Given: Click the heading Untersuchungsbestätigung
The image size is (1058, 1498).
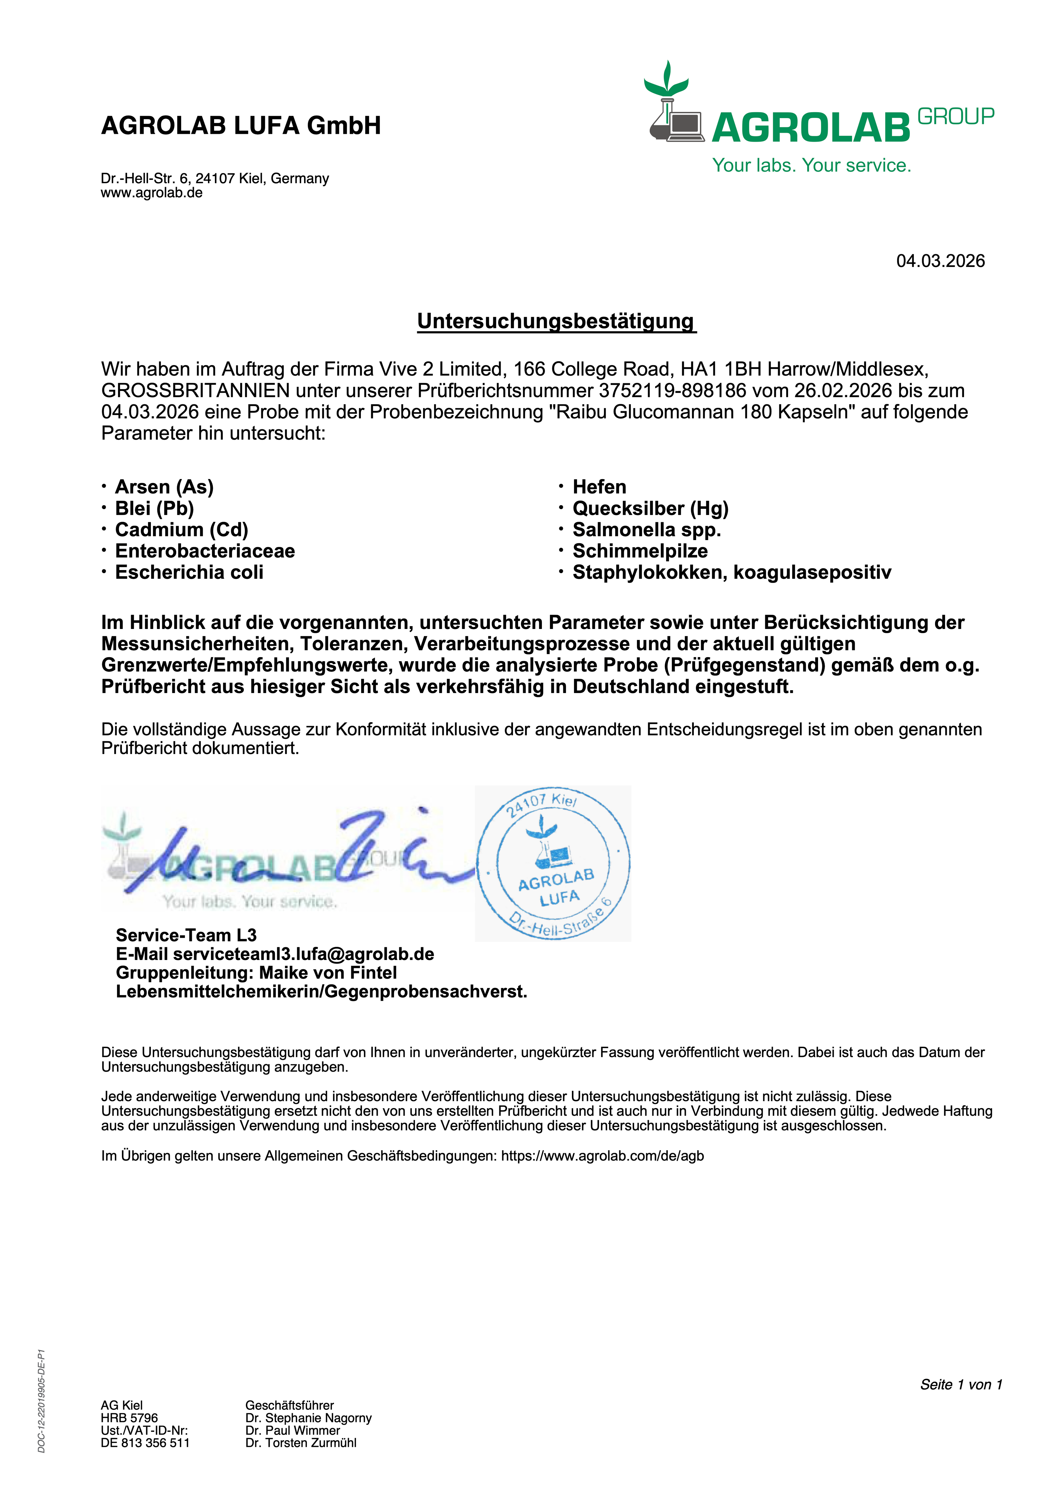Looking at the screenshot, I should [x=556, y=321].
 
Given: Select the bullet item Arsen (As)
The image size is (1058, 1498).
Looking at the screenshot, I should [x=164, y=487].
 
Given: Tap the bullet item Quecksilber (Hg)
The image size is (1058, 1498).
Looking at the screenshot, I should [x=650, y=508].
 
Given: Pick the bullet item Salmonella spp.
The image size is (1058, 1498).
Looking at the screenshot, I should [x=647, y=530].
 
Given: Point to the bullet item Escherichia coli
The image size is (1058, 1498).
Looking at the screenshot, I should [x=189, y=572].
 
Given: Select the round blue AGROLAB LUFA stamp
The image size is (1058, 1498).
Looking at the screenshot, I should [x=553, y=863].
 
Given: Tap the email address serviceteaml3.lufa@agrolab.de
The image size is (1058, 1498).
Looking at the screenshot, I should [x=303, y=954].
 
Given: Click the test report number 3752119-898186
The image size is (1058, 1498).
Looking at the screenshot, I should [x=672, y=391].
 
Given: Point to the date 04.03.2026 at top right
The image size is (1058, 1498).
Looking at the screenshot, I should [x=940, y=261].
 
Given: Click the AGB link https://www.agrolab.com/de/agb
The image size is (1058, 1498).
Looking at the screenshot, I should [x=602, y=1156].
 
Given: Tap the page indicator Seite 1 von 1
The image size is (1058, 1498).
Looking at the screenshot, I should [x=960, y=1385].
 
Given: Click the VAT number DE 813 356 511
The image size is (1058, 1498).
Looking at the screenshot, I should [x=145, y=1442].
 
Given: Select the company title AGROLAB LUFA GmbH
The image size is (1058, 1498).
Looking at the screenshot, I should [x=241, y=125].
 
